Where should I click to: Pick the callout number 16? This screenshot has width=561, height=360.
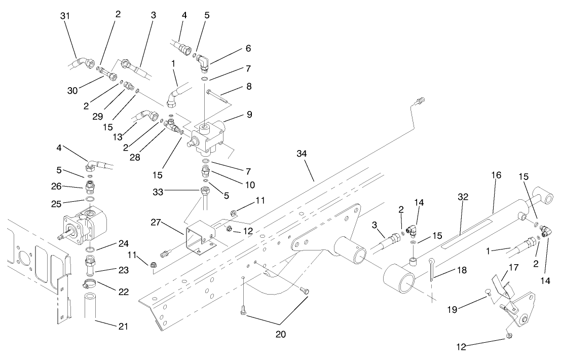point(496,175)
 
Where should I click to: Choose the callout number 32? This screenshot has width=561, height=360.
point(463,196)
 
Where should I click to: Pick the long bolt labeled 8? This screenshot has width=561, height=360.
point(219,96)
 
